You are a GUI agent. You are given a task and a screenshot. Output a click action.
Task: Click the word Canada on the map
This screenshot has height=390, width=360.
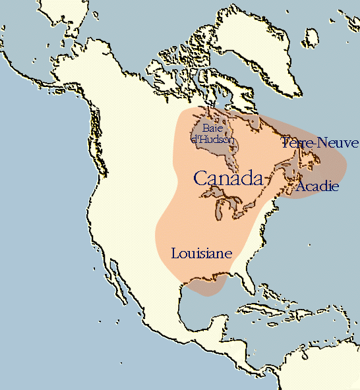[228, 178]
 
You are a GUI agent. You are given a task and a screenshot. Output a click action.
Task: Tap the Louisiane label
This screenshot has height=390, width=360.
[202, 253]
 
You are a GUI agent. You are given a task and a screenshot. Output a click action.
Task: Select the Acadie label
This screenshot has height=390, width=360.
[317, 187]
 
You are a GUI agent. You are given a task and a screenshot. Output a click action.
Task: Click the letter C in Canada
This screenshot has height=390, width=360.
[200, 178]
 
